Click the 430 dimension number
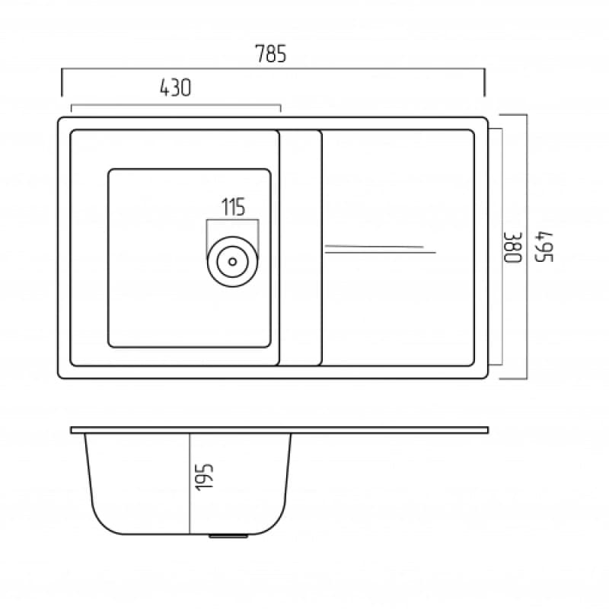[x=174, y=88]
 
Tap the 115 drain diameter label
[x=232, y=207]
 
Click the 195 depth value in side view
[x=204, y=477]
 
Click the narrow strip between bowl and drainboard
[x=301, y=247]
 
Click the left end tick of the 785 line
[x=62, y=82]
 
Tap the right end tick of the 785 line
[x=484, y=82]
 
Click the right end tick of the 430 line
[x=281, y=108]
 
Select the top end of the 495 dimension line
[x=527, y=115]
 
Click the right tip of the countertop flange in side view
[x=486, y=430]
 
